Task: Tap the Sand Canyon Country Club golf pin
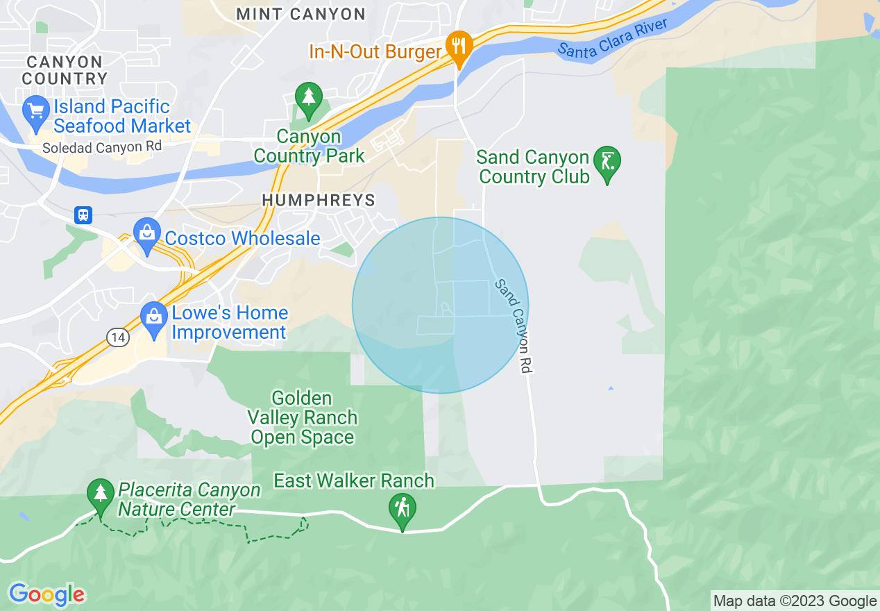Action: [x=607, y=162]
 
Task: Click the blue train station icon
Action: [x=83, y=215]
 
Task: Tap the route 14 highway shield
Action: [x=118, y=337]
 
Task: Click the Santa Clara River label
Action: [x=612, y=38]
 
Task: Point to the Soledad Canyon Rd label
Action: [x=101, y=147]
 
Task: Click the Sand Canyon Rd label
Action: [x=514, y=326]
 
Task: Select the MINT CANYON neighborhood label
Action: [x=301, y=14]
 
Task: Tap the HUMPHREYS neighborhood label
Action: [x=318, y=201]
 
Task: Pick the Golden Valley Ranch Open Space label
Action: [x=303, y=418]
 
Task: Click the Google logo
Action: [x=46, y=594]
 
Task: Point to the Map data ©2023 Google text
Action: [x=795, y=601]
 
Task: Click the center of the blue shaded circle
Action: [x=440, y=305]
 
